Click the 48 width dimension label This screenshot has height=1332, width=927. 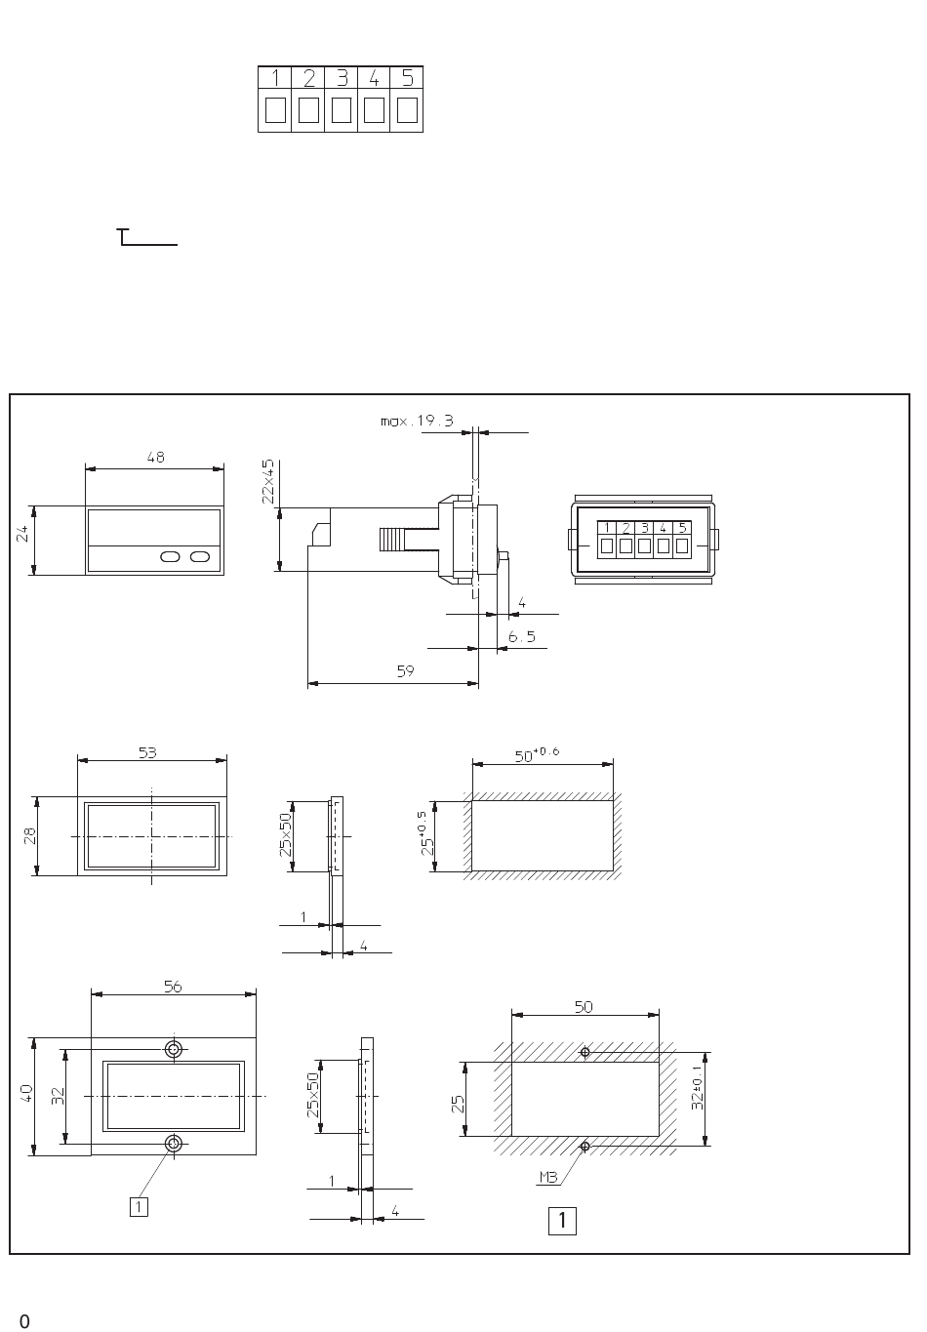156,458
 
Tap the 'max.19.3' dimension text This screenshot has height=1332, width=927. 417,421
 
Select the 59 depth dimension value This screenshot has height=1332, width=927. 406,671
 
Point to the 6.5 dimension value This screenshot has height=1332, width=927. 521,637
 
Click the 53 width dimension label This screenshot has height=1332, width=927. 147,752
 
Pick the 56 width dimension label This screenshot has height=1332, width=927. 173,988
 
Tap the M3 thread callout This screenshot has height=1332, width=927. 548,1178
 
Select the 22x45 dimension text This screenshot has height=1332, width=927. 268,482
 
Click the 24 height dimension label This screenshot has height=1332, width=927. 22,534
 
